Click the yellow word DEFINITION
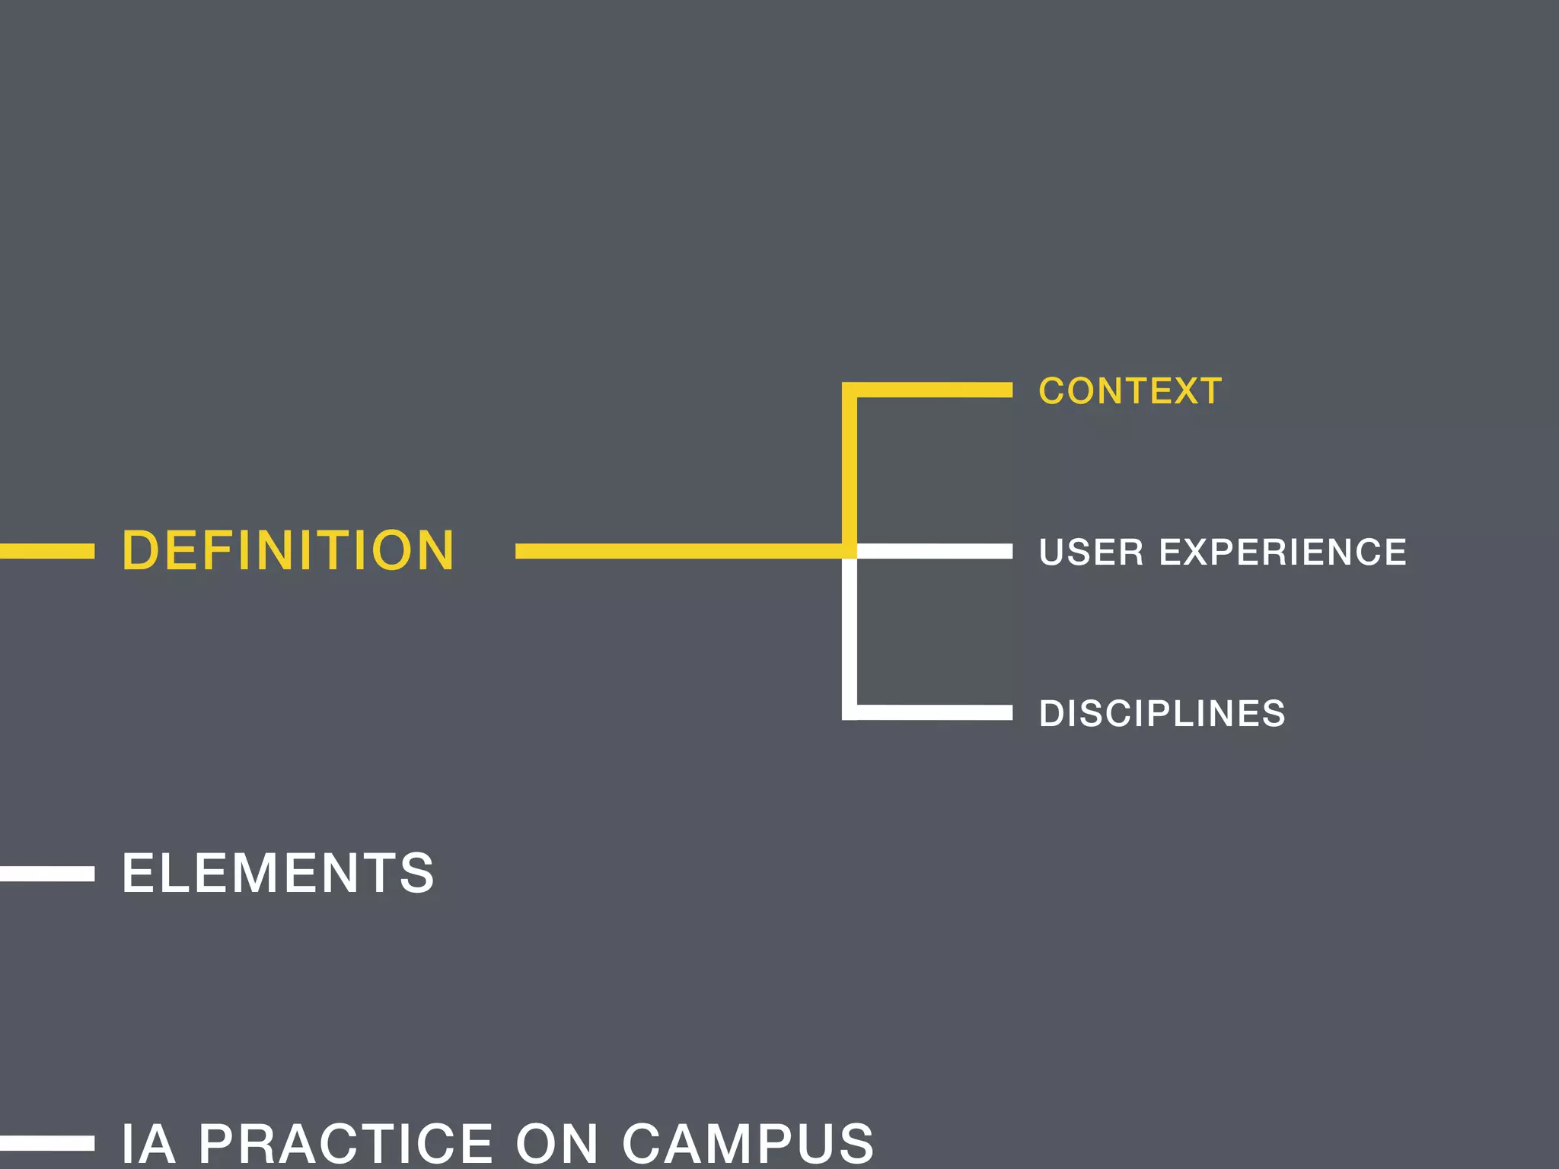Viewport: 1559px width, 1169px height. point(288,550)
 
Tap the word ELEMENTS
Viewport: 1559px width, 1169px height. point(278,873)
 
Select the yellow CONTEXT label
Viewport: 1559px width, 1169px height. point(1130,391)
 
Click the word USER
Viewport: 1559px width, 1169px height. point(1091,552)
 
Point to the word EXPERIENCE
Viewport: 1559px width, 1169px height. point(1283,552)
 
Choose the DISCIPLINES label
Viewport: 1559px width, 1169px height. point(1162,714)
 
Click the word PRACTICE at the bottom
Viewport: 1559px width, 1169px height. point(346,1143)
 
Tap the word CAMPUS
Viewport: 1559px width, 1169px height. point(748,1143)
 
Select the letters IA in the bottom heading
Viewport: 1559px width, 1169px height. point(149,1143)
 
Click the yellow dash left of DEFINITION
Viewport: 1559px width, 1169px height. point(46,551)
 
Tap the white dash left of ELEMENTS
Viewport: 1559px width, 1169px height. point(46,874)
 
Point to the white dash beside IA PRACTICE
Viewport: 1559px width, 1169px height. point(46,1143)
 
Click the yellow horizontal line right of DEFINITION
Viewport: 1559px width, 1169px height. point(677,551)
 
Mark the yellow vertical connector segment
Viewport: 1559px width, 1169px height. point(850,468)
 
